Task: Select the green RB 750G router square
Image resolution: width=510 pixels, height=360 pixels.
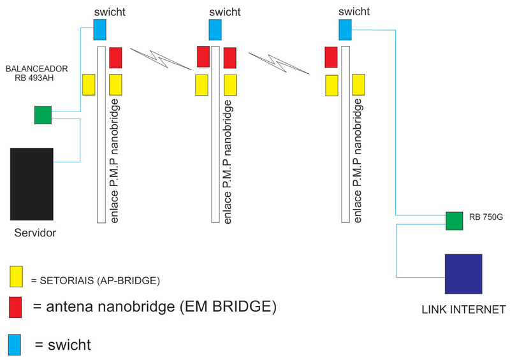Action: coord(454,221)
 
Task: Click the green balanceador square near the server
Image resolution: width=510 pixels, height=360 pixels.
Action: coord(43,115)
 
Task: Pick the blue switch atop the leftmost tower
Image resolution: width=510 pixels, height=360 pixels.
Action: coord(101,29)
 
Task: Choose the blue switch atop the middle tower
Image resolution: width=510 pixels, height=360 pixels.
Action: coord(215,29)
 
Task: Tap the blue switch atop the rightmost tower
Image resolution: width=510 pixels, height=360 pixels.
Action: coord(345,29)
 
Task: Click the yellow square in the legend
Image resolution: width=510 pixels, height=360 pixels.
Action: coord(17,277)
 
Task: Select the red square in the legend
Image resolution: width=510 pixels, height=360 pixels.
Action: coord(17,307)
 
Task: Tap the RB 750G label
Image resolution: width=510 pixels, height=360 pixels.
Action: coord(485,217)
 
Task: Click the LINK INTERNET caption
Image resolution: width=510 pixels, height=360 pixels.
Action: coord(463,310)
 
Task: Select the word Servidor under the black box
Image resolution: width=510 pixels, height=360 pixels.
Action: coord(36,233)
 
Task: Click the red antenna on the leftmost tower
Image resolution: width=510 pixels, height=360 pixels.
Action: coord(115,57)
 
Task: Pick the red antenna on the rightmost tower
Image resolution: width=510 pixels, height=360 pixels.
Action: coord(331,57)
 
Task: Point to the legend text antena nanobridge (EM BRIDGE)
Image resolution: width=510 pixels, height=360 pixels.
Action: coord(154,307)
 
